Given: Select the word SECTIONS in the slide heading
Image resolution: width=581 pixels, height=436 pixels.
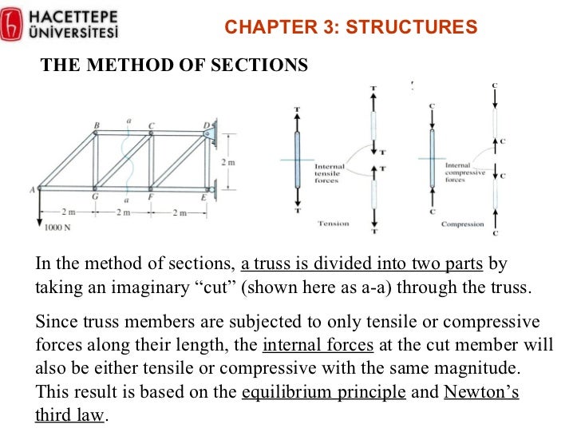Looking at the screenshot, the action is (x=263, y=65).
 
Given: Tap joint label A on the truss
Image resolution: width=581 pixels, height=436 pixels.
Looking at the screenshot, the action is (x=32, y=189).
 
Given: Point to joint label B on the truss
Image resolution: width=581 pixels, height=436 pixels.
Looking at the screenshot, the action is (x=97, y=125).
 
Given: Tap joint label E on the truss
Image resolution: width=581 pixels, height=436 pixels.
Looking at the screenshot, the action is (x=203, y=197).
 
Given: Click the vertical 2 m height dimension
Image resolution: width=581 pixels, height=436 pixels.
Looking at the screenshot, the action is (x=227, y=162).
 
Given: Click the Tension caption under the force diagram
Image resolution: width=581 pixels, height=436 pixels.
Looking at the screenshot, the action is (x=334, y=224).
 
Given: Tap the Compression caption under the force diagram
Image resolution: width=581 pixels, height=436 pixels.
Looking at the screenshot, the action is (x=462, y=224).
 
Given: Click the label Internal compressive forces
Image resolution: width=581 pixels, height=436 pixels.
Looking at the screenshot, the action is (x=464, y=172).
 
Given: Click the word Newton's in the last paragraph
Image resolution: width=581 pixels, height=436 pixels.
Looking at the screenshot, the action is (x=481, y=393).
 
